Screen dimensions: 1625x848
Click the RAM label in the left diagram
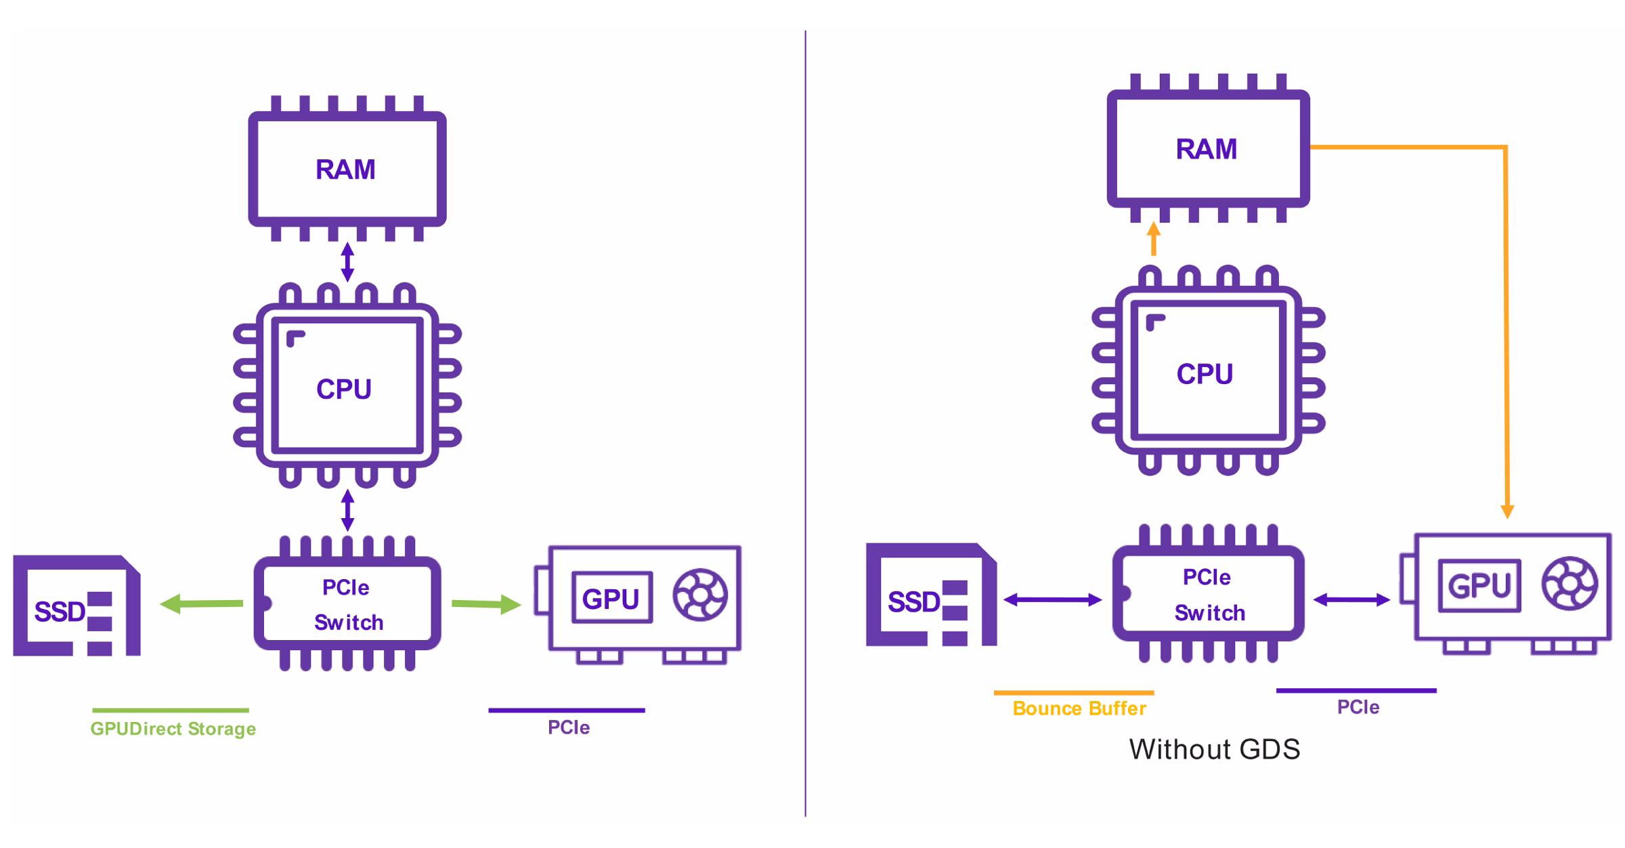pos(345,169)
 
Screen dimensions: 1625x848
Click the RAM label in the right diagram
pos(1207,149)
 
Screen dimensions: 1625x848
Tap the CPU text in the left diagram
pos(344,389)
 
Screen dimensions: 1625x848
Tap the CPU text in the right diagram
pos(1205,374)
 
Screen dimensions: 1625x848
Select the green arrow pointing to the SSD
pos(201,603)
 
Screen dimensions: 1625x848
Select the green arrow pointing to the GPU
pos(486,604)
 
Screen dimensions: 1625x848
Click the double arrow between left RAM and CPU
pos(347,262)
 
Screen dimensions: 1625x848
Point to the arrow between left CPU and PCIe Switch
pos(347,510)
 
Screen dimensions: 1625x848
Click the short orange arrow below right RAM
pos(1154,238)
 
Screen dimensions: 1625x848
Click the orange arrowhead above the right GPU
pos(1507,511)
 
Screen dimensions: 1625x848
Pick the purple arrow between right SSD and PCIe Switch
pos(1053,599)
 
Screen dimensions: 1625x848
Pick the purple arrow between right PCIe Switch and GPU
pos(1351,599)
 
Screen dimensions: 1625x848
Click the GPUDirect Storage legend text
pos(173,729)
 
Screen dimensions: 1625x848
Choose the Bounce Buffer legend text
pos(1079,708)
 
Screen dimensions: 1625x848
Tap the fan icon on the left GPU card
pos(700,595)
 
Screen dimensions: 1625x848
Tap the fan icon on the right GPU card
pos(1569,583)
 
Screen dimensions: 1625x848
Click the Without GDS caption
pos(1215,749)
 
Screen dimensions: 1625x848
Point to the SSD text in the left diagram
pos(60,612)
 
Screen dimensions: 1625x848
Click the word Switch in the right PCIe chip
pos(1210,613)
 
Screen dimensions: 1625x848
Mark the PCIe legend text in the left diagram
pos(569,727)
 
